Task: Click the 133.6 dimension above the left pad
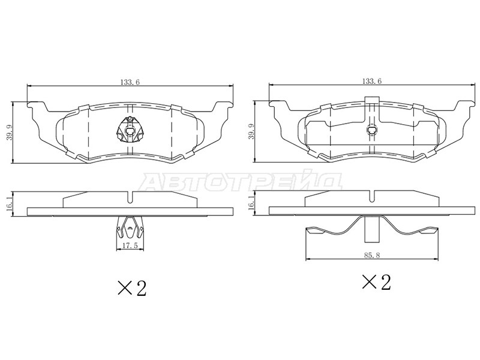[x=130, y=82]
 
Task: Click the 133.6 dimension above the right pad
[x=372, y=81]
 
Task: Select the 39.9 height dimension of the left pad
[x=10, y=133]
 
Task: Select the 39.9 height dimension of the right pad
[x=252, y=132]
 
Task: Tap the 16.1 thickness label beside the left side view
[x=10, y=204]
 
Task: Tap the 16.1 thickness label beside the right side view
[x=251, y=203]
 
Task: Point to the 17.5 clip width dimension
[x=130, y=246]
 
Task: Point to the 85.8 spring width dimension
[x=372, y=255]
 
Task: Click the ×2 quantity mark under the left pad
[x=132, y=287]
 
